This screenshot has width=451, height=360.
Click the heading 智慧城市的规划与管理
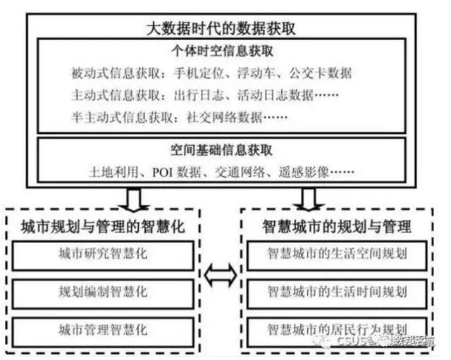coord(337,228)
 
